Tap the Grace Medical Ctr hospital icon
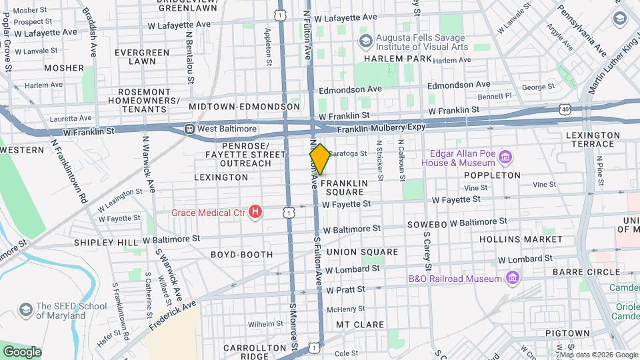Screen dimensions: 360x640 (x=255, y=213)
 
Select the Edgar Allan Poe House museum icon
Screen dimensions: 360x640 (x=506, y=158)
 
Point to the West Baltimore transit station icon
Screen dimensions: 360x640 (x=190, y=128)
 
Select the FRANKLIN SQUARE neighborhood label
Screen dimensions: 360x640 (x=343, y=187)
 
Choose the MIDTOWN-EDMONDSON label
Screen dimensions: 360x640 (x=244, y=107)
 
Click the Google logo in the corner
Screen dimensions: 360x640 (x=21, y=351)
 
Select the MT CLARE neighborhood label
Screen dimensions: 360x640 (x=359, y=325)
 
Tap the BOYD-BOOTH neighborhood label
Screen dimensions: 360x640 (x=242, y=255)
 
